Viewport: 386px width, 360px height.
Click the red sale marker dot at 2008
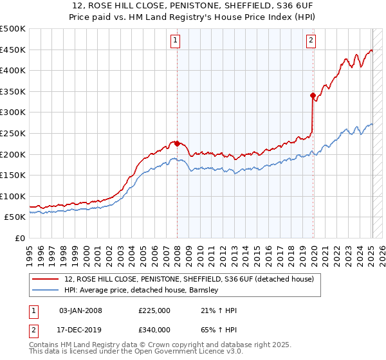point(177,143)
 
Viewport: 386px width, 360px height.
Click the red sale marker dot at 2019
point(313,96)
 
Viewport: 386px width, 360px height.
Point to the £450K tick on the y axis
point(14,50)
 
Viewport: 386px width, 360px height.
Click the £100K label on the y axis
point(14,196)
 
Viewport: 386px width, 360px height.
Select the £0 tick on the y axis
point(21,238)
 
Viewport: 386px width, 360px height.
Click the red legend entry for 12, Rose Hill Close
point(188,279)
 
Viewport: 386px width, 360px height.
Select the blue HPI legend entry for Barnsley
point(142,291)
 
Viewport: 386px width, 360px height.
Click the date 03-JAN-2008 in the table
point(80,311)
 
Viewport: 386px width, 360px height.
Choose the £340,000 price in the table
point(154,330)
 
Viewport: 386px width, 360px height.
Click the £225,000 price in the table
point(154,311)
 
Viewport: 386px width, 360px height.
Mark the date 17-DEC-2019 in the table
point(80,330)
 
